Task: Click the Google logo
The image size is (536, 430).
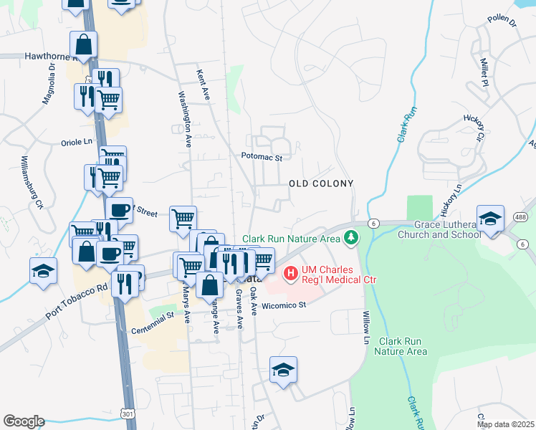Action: tap(24, 421)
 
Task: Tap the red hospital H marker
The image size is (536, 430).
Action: tap(291, 272)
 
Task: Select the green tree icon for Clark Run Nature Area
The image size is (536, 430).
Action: tap(350, 237)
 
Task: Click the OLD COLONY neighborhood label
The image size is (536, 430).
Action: tap(321, 183)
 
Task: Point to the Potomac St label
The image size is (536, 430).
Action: tap(262, 156)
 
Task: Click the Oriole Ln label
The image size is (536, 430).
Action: tap(77, 142)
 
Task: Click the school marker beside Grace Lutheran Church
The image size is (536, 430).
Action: tap(490, 218)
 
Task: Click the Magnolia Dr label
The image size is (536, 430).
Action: tap(48, 84)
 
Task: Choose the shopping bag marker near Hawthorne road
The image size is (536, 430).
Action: tap(84, 44)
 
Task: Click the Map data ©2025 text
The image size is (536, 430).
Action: tap(505, 424)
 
